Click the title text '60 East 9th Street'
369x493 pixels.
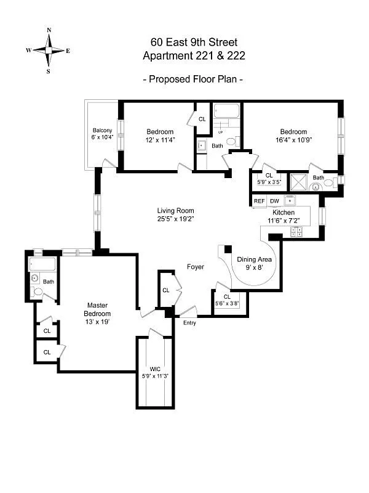pos(194,43)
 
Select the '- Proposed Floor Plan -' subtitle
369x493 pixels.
pos(194,79)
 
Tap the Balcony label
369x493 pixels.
pos(102,131)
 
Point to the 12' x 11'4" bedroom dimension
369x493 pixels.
pos(160,140)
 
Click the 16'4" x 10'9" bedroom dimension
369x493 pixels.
pos(293,140)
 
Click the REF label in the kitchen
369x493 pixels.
pos(259,201)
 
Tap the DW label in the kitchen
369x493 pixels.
pos(274,201)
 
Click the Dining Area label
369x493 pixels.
pos(255,259)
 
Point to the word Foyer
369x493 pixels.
pos(196,267)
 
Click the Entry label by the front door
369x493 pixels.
pos(189,322)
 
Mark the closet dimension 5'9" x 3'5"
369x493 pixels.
pos(269,182)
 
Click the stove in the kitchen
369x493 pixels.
pos(297,232)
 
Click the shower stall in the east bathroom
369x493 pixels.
pos(299,182)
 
